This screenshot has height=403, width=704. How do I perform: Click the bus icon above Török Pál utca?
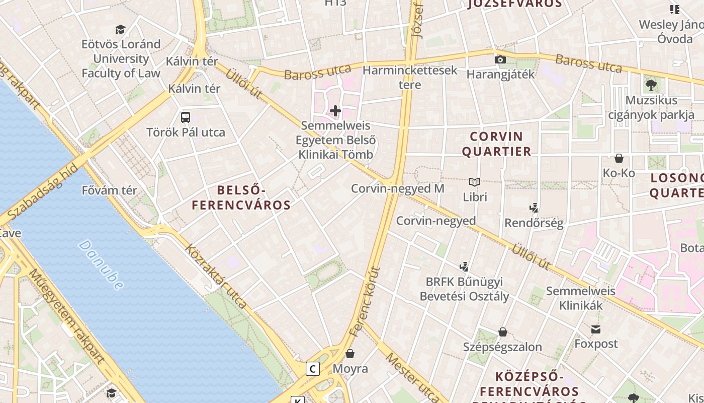point(186,117)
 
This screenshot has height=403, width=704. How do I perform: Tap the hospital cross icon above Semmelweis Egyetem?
point(335,111)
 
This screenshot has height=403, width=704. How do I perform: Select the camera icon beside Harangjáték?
point(500,59)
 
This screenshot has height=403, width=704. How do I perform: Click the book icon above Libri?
point(474,182)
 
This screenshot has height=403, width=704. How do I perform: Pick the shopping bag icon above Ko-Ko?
point(619,158)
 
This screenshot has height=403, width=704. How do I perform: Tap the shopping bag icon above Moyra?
point(350,354)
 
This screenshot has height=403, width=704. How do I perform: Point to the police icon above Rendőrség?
point(534,208)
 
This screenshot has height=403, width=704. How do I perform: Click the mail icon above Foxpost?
point(596,329)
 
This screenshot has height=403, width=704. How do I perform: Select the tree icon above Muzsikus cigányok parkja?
point(651,85)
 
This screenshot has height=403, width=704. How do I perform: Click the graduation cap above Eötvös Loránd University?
point(120,29)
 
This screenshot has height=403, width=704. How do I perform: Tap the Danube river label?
point(101,265)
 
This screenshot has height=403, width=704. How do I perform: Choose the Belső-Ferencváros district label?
point(241,197)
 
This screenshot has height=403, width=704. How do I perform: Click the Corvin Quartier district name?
point(496,144)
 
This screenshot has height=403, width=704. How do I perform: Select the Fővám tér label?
point(109,190)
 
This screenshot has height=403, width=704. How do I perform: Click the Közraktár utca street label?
point(216,276)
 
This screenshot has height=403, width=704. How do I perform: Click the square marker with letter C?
point(313,369)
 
